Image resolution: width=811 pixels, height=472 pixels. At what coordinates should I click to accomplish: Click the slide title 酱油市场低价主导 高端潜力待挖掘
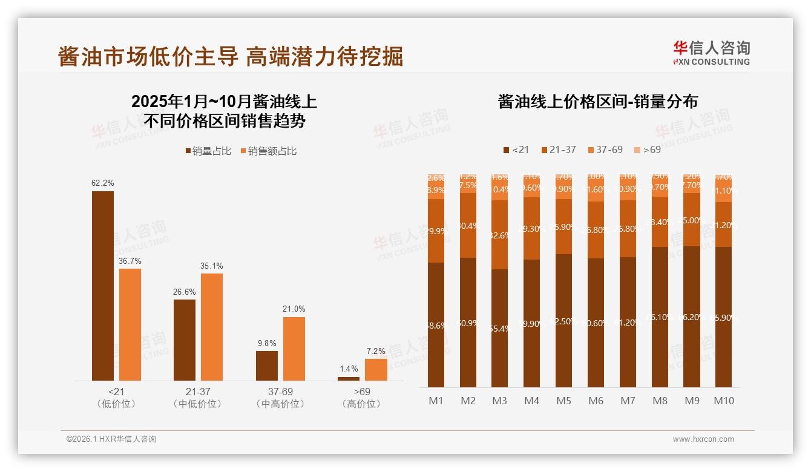point(230,56)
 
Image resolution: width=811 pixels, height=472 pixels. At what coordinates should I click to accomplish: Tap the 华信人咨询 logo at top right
point(711,53)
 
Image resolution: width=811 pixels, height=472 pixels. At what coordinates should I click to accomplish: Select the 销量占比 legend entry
point(208,151)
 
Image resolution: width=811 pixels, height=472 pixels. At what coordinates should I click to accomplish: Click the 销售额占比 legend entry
point(268,151)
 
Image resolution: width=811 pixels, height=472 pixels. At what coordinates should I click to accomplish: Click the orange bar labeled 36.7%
point(130,324)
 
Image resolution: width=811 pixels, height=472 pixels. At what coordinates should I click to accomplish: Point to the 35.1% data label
point(211,266)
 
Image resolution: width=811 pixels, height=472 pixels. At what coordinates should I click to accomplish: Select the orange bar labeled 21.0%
point(294,349)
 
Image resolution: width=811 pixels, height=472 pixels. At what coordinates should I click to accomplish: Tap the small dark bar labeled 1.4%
point(348,379)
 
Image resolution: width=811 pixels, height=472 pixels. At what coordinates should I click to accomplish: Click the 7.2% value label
point(375,351)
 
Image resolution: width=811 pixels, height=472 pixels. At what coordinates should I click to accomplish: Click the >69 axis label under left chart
point(362,392)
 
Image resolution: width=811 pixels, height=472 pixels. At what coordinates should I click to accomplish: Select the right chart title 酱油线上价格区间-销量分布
point(597,102)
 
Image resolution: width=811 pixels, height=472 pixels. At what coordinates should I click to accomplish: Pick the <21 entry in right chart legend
point(516,149)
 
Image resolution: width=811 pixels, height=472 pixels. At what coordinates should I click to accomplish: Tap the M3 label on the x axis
point(499,401)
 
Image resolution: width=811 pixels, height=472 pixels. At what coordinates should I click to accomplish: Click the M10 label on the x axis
point(723,401)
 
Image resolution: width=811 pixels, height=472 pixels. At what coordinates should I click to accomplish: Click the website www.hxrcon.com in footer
point(703,439)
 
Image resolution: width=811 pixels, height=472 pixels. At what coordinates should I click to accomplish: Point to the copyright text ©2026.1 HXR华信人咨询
point(111,439)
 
